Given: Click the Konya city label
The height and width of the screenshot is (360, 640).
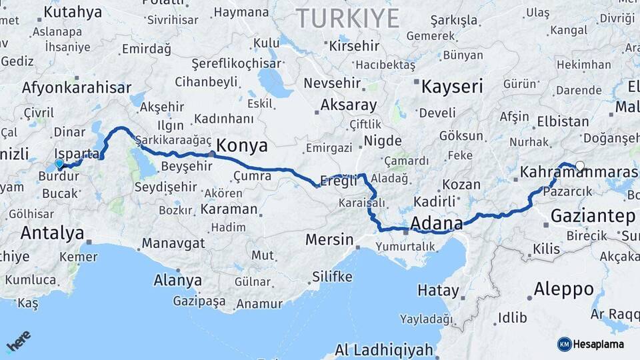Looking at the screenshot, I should pyautogui.click(x=242, y=146).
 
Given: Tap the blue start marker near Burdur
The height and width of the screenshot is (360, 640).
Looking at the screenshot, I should pyautogui.click(x=59, y=163).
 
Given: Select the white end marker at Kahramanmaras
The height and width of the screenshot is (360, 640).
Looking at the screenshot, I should pyautogui.click(x=580, y=166).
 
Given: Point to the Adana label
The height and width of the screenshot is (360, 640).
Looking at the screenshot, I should pyautogui.click(x=437, y=223).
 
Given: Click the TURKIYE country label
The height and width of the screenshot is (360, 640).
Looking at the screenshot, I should pyautogui.click(x=347, y=18).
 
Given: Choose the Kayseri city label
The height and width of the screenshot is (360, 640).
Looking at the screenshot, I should pyautogui.click(x=452, y=86).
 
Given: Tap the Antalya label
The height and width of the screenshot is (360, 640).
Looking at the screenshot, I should pyautogui.click(x=52, y=233).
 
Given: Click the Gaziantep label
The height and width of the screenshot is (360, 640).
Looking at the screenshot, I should pyautogui.click(x=593, y=216).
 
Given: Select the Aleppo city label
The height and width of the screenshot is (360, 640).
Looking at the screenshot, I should pyautogui.click(x=563, y=289).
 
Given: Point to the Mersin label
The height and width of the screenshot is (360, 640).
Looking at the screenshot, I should pyautogui.click(x=329, y=239).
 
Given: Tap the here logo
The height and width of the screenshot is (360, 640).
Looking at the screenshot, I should pyautogui.click(x=18, y=341).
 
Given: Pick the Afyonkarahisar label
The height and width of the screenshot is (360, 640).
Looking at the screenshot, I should pyautogui.click(x=77, y=87).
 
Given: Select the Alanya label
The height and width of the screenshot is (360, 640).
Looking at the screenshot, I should pyautogui.click(x=177, y=280).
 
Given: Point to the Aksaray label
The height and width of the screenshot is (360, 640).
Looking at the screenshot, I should pyautogui.click(x=348, y=105).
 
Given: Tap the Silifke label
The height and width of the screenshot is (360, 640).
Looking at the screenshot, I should pyautogui.click(x=331, y=277).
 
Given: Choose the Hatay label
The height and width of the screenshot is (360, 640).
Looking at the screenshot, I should pyautogui.click(x=438, y=291).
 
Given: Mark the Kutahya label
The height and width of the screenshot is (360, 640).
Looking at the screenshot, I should pyautogui.click(x=73, y=12).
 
